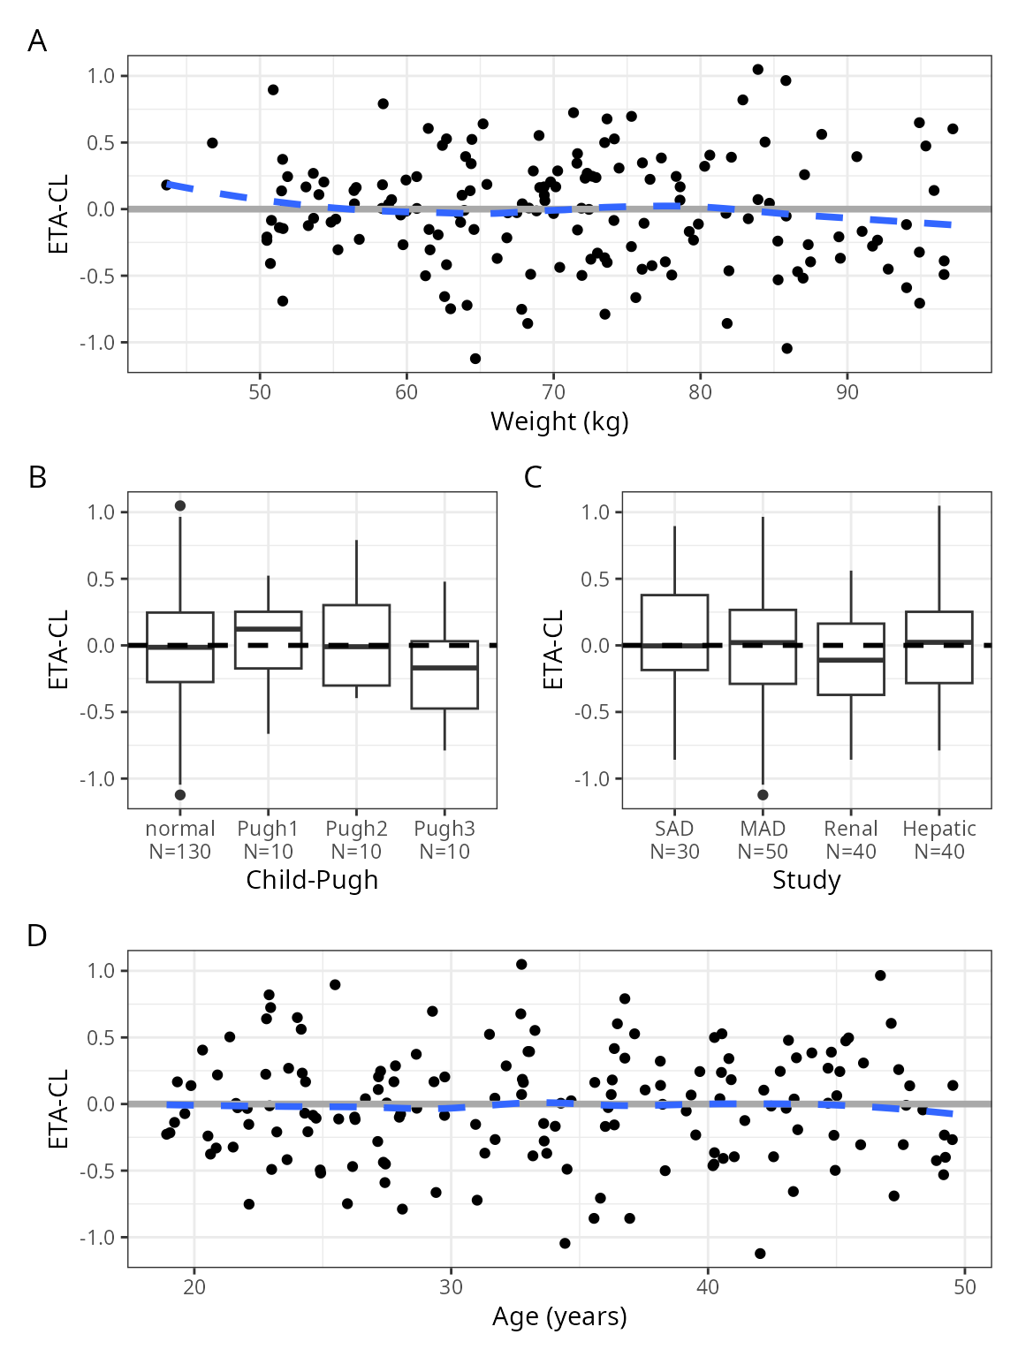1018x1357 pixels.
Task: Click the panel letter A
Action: pyautogui.click(x=37, y=41)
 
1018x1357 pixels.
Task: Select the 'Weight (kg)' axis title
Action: pyautogui.click(x=559, y=421)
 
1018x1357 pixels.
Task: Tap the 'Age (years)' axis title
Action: pyautogui.click(x=559, y=1316)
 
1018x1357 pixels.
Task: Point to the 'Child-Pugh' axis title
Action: pyautogui.click(x=312, y=880)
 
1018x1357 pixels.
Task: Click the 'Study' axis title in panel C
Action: pyautogui.click(x=806, y=880)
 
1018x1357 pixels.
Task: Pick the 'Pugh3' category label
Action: pyautogui.click(x=444, y=829)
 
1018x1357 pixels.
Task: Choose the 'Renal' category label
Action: pyautogui.click(x=850, y=829)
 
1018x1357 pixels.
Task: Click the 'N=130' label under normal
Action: pyautogui.click(x=180, y=852)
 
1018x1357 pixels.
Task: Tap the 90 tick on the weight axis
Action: pyautogui.click(x=847, y=392)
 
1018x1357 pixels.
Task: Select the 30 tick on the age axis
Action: pyautogui.click(x=451, y=1287)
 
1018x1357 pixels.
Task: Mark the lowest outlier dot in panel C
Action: pyautogui.click(x=763, y=795)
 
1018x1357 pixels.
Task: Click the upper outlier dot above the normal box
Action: pyautogui.click(x=180, y=506)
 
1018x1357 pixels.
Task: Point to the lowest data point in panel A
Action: pyautogui.click(x=475, y=359)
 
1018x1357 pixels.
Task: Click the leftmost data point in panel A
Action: pyautogui.click(x=166, y=185)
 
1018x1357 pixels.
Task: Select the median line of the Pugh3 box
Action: pyautogui.click(x=444, y=668)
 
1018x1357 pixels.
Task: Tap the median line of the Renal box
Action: pyautogui.click(x=850, y=660)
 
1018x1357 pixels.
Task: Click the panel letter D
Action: pyautogui.click(x=37, y=936)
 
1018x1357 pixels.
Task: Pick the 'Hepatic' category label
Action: pyautogui.click(x=938, y=829)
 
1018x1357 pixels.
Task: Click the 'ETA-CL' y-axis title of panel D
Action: pyautogui.click(x=58, y=1110)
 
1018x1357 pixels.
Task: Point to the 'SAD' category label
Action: pyautogui.click(x=674, y=829)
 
